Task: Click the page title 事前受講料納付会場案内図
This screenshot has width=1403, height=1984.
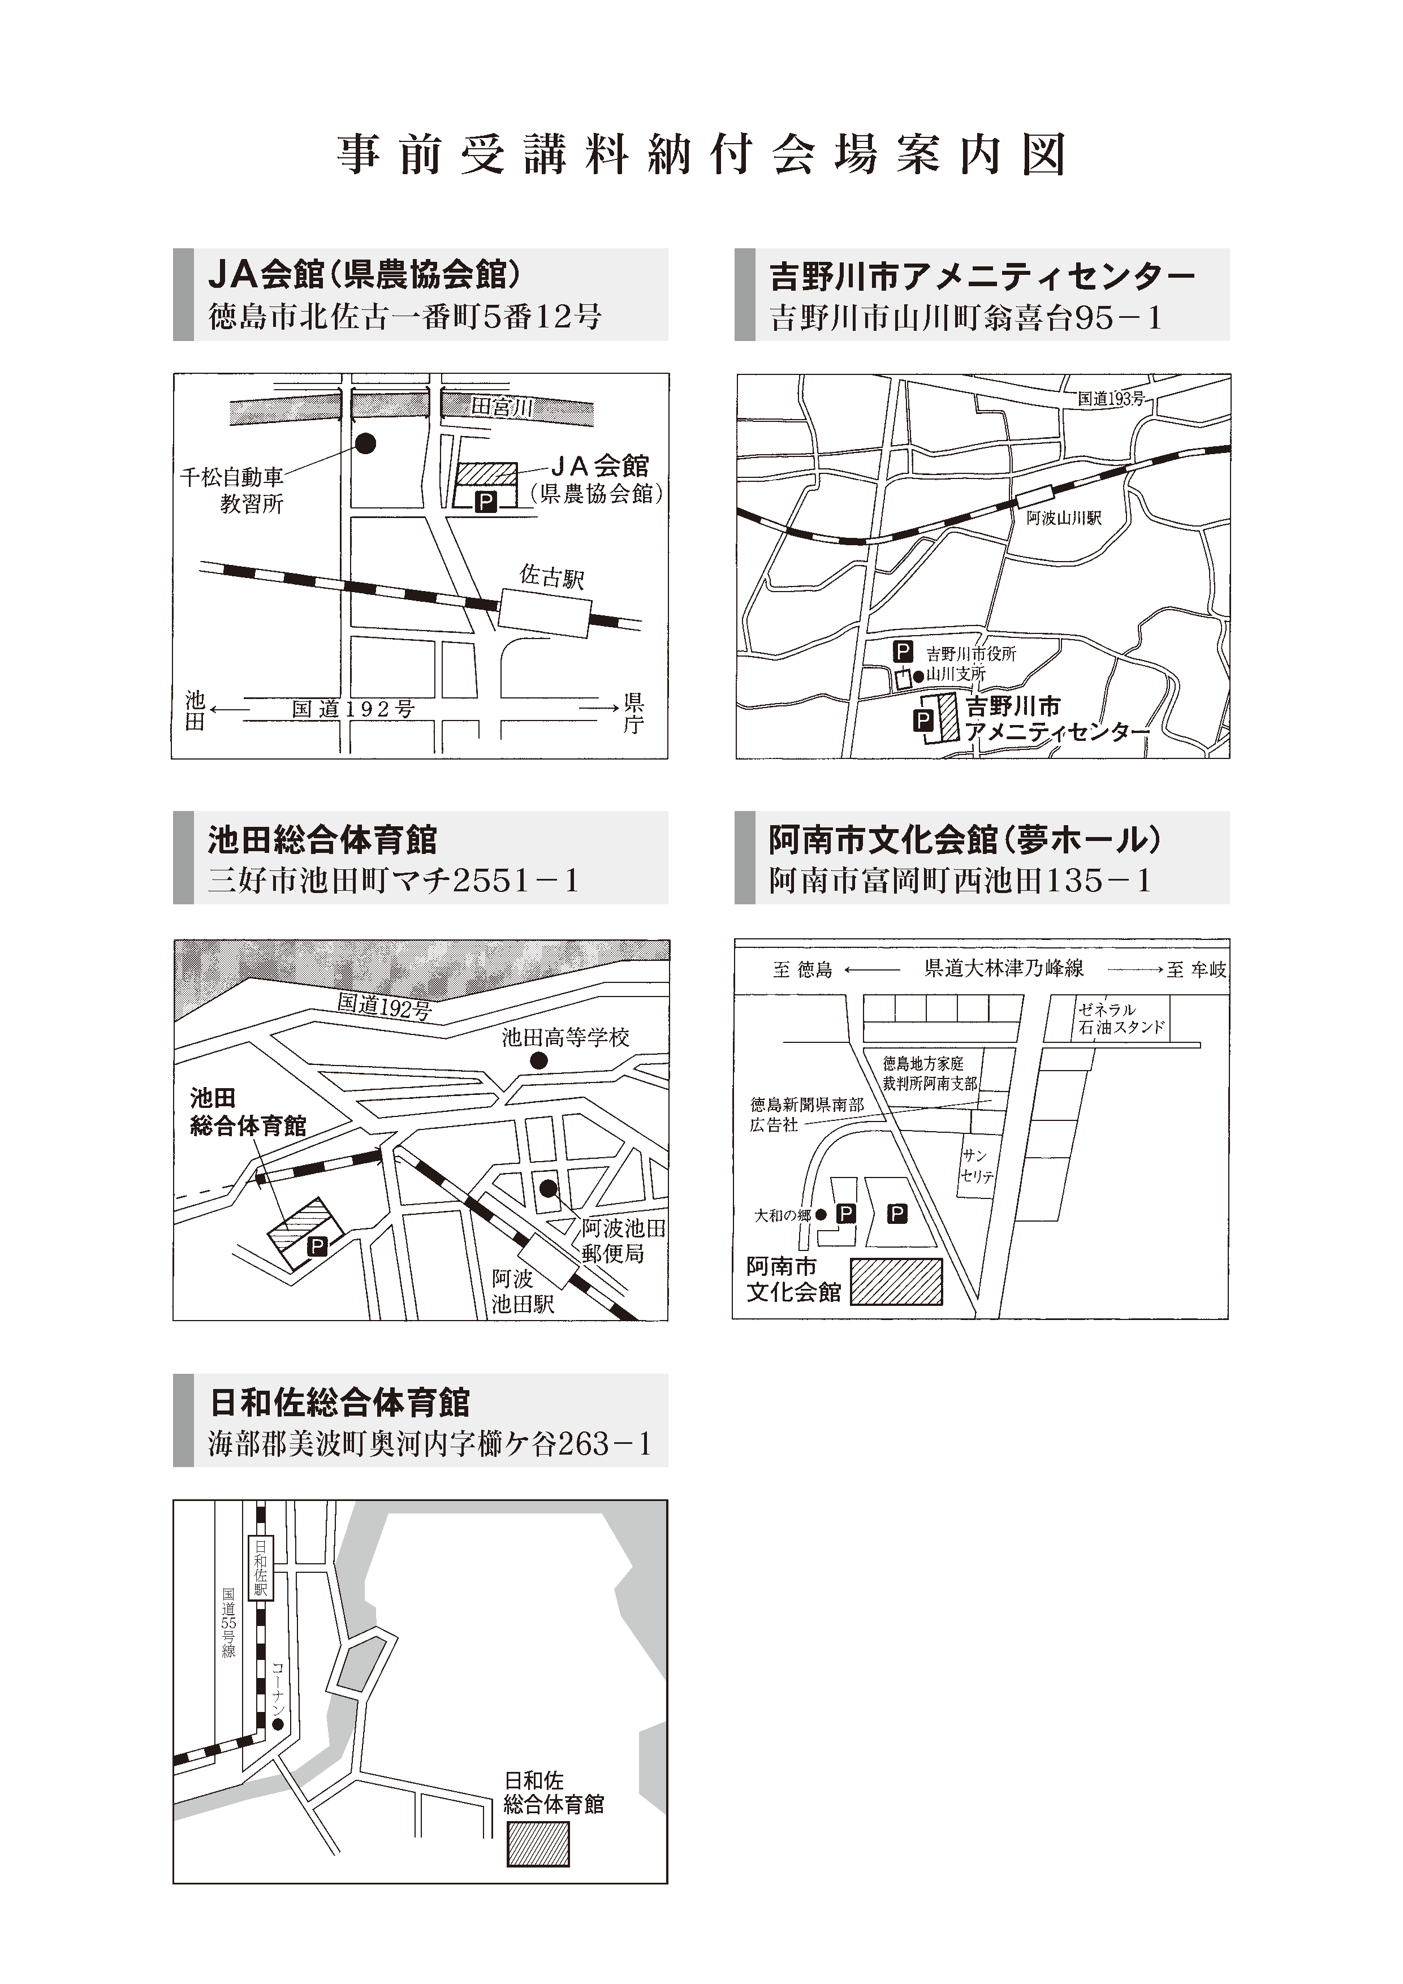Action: coord(701,156)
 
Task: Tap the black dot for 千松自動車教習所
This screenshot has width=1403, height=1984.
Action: coord(366,443)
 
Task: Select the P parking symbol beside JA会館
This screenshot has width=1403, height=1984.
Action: coord(486,501)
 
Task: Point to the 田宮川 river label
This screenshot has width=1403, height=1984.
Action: coord(502,407)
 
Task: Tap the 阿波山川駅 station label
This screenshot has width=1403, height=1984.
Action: coord(1064,519)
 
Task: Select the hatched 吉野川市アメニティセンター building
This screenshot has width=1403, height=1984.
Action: coord(948,717)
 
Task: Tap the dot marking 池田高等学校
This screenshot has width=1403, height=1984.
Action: coord(538,1061)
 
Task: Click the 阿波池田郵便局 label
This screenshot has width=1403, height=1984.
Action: coord(622,1240)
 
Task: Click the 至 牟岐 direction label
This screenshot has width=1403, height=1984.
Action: coord(1195,969)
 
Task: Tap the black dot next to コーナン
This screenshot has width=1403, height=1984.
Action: coord(277,1724)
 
